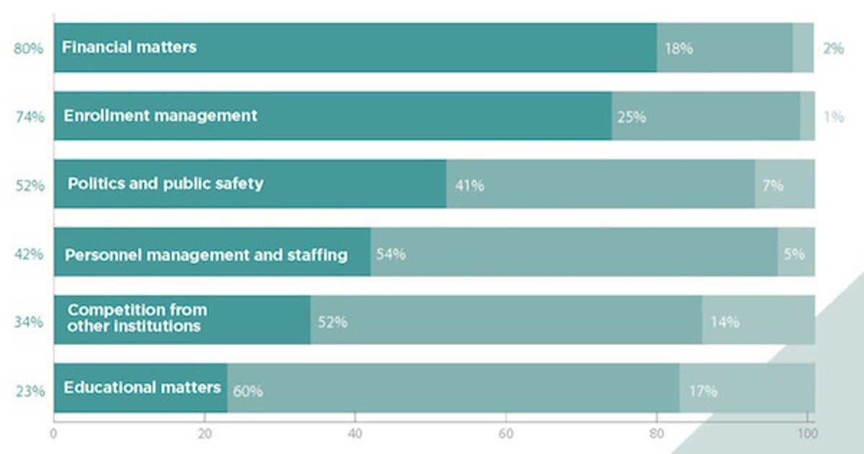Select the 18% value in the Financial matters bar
point(678,49)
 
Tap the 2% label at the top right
point(833,49)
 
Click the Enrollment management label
point(160,115)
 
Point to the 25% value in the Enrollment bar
point(631,117)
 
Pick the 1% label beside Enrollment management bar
point(833,117)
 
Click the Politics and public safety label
point(165,183)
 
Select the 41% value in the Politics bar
point(469,185)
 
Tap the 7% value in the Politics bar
point(773,185)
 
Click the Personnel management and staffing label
point(206,254)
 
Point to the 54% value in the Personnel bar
point(391,254)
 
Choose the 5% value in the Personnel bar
point(794,254)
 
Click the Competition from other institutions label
point(137,318)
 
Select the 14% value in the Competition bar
point(724,322)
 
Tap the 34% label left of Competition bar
point(29,322)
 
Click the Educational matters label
point(142,388)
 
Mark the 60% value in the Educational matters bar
point(247,391)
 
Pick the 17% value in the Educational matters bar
point(702,391)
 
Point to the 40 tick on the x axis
point(355,435)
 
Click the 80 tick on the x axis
point(656,435)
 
